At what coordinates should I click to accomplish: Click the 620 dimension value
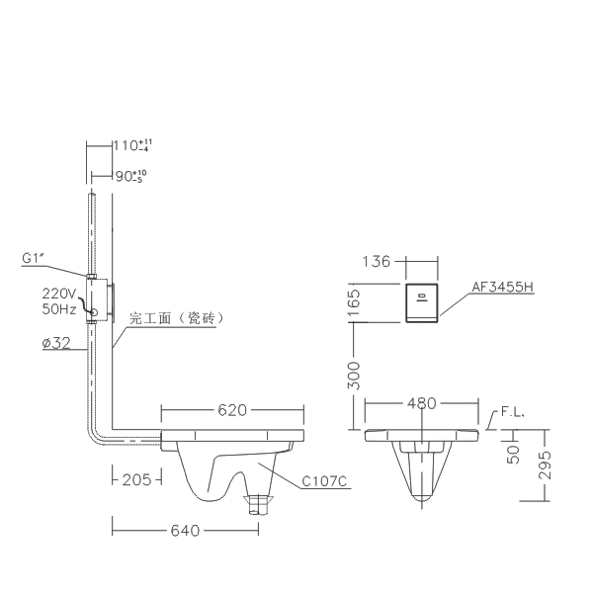pyautogui.click(x=232, y=410)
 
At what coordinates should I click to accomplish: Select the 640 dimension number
pyautogui.click(x=185, y=531)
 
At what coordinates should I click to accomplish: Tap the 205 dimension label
pyautogui.click(x=136, y=480)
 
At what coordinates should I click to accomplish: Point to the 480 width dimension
pyautogui.click(x=422, y=403)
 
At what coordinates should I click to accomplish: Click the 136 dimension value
pyautogui.click(x=376, y=261)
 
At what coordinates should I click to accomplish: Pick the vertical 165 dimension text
pyautogui.click(x=353, y=303)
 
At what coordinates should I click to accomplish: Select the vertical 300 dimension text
pyautogui.click(x=353, y=376)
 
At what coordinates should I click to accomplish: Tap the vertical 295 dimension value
pyautogui.click(x=545, y=466)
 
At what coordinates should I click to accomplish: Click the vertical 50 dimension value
pyautogui.click(x=513, y=455)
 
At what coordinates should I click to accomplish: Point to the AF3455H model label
pyautogui.click(x=503, y=287)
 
